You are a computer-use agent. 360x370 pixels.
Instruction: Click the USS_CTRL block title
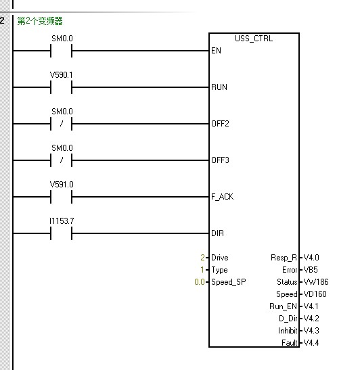254,39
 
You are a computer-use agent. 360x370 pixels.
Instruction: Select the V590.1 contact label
61,75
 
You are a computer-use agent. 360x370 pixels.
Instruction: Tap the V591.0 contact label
62,185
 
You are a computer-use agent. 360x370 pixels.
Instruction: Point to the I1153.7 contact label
62,221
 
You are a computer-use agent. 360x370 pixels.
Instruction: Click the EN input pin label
216,51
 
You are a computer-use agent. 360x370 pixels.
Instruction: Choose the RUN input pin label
219,87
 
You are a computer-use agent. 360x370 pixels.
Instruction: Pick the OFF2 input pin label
220,124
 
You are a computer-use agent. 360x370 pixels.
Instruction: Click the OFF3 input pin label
220,160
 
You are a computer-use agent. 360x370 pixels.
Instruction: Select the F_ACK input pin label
222,197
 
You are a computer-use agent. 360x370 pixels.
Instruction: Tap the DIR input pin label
217,233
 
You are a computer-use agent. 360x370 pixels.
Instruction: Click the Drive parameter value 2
202,258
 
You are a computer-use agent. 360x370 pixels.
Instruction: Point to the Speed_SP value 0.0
200,282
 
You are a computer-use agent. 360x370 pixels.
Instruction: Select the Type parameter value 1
202,269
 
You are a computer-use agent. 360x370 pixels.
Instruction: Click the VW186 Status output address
316,282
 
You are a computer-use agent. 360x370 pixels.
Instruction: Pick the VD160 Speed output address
315,294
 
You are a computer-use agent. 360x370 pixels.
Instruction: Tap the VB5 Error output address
311,269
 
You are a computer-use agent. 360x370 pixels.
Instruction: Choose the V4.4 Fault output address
311,343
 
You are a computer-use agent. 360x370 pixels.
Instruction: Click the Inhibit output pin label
288,331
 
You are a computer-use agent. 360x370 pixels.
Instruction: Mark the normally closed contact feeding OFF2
62,124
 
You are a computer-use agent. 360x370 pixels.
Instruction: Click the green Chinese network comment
40,21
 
